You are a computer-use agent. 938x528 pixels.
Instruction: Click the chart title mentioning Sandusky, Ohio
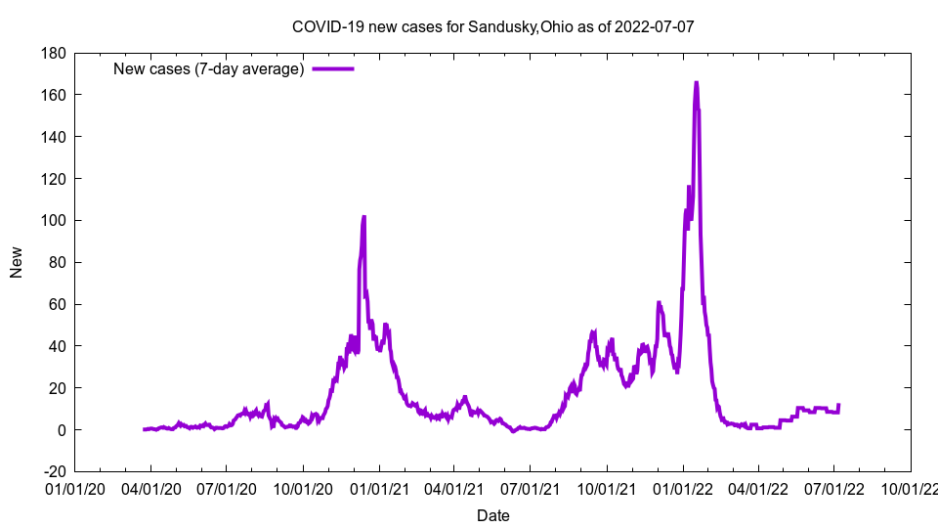pyautogui.click(x=493, y=26)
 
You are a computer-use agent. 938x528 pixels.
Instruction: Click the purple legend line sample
pyautogui.click(x=332, y=68)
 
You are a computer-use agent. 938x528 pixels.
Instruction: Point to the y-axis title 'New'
pyautogui.click(x=17, y=262)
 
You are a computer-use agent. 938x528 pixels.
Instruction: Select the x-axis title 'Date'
pyautogui.click(x=492, y=515)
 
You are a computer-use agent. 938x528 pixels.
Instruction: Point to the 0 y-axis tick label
pyautogui.click(x=61, y=430)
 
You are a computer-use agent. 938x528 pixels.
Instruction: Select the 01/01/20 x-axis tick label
pyautogui.click(x=75, y=488)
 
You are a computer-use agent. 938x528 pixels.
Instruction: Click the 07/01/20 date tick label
pyautogui.click(x=227, y=488)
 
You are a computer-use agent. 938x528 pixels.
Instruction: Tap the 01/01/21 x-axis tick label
pyautogui.click(x=379, y=488)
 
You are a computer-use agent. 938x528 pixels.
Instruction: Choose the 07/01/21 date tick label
pyautogui.click(x=531, y=488)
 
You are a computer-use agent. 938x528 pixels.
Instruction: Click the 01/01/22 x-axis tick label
pyautogui.click(x=682, y=488)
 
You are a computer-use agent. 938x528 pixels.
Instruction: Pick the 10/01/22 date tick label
pyautogui.click(x=911, y=488)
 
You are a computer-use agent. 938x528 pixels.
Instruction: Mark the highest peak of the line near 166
pyautogui.click(x=696, y=83)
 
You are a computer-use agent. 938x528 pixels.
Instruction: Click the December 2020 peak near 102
pyautogui.click(x=363, y=217)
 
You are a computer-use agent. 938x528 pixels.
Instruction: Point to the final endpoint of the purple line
pyautogui.click(x=838, y=405)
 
